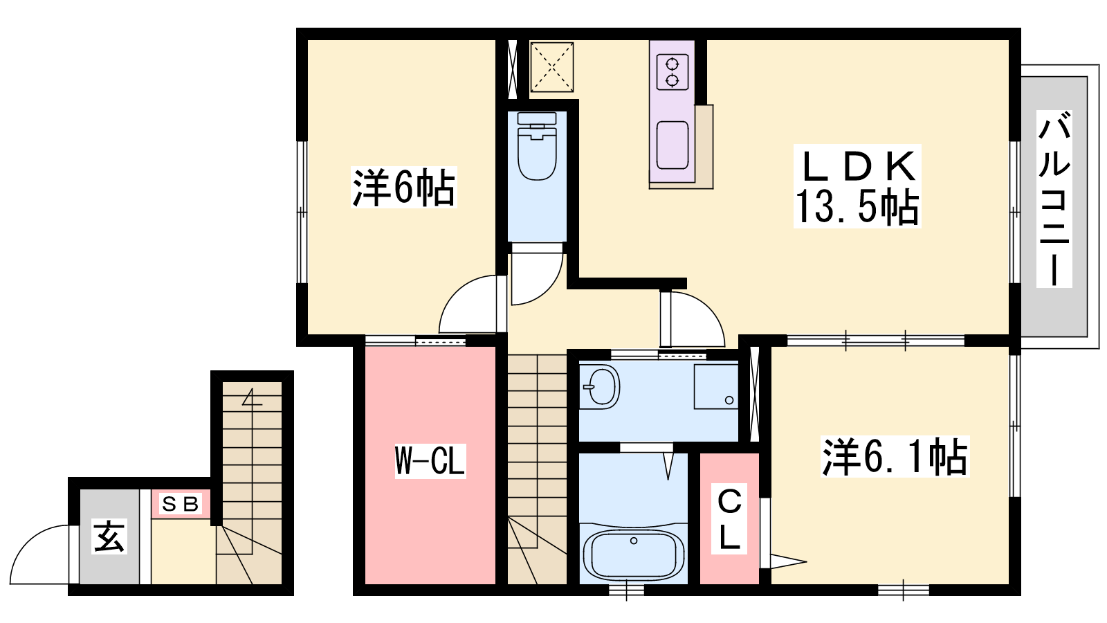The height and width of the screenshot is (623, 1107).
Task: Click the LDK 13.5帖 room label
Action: pos(857,186)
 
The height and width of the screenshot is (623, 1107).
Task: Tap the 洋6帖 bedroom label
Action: pos(403,188)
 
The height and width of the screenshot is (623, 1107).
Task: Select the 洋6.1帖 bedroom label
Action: pos(895,456)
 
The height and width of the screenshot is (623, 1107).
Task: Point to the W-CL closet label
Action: pos(430,460)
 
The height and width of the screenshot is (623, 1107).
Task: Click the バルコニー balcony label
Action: pos(1054,199)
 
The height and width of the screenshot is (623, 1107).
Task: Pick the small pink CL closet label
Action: pos(729,518)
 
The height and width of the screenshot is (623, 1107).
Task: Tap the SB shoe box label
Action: pos(181,504)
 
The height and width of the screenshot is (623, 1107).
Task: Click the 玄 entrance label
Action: pos(109,536)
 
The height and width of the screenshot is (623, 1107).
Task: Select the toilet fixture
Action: pos(537,146)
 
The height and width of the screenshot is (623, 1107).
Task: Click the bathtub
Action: pos(634,554)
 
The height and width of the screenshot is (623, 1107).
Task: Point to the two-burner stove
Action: pos(672,72)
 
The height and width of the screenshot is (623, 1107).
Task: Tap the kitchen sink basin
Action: pos(672,145)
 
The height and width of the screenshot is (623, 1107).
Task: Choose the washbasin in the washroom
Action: pos(599,387)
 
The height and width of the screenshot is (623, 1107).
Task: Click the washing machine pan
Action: pos(716,387)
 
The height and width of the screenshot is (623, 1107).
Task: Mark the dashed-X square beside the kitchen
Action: pos(552,67)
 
